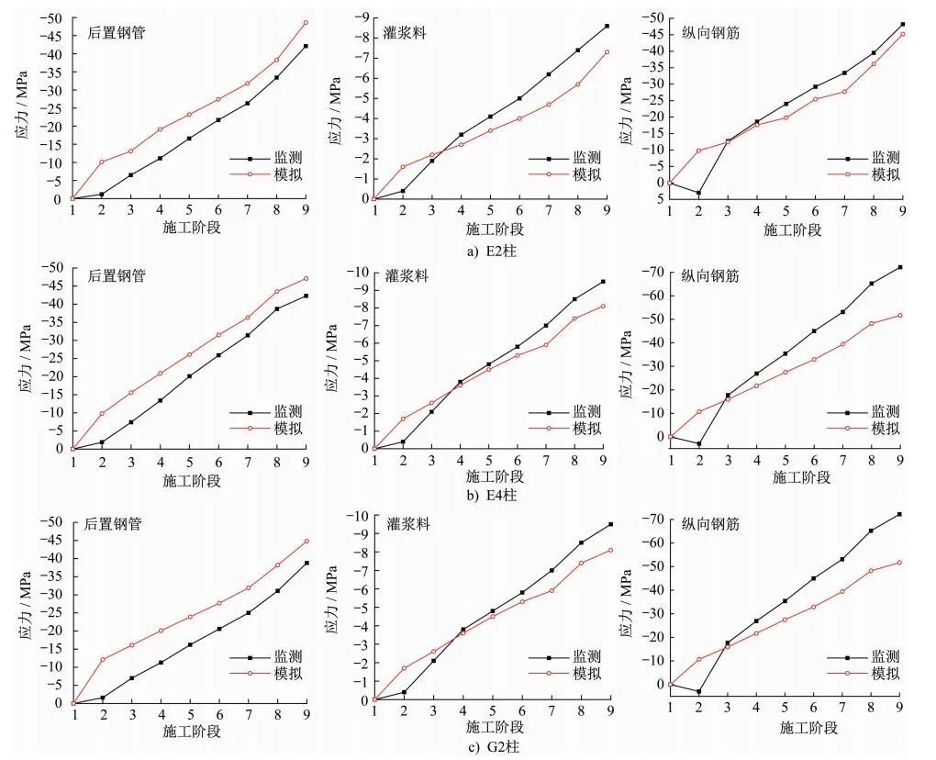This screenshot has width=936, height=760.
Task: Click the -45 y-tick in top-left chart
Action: [54, 36]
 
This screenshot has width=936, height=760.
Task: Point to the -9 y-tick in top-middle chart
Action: [362, 17]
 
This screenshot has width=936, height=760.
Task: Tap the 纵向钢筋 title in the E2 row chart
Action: [711, 32]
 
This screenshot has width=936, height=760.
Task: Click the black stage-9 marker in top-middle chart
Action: [607, 26]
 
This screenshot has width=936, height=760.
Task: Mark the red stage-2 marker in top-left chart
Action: [102, 162]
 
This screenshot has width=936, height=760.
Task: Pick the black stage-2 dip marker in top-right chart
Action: [698, 193]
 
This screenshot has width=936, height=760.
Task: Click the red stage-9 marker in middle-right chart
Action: [900, 316]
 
